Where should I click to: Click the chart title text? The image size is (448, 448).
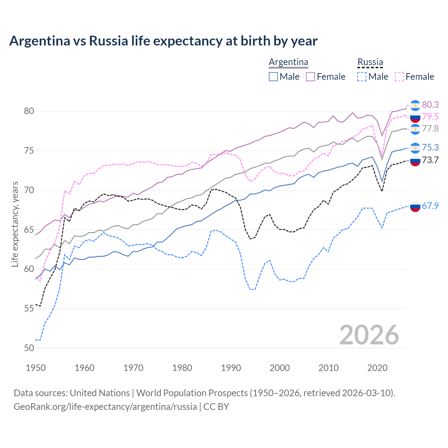163,41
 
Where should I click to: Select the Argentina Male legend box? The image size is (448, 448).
273,77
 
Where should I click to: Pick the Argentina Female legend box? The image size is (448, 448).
310,77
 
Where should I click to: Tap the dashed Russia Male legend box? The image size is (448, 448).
362,77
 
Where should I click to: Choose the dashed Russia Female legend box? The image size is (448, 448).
399,77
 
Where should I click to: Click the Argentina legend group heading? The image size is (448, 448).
288,62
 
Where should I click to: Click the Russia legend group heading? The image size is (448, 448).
370,62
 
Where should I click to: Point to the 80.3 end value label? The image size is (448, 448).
430,105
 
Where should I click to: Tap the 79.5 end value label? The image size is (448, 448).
430,117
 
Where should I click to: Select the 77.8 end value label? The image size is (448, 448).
430,128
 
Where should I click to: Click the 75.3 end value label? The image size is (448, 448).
430,147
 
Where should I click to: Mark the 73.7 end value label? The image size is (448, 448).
430,160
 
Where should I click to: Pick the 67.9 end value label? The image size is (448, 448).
430,206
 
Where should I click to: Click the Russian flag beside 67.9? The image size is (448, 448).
415,206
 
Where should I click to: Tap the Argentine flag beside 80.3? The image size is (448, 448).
415,105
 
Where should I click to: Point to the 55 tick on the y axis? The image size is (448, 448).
29,308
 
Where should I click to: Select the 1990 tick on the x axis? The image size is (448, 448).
231,368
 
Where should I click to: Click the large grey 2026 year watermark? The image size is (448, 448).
369,335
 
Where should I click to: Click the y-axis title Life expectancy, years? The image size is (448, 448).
15,224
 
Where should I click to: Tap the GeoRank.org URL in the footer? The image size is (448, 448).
105,407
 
